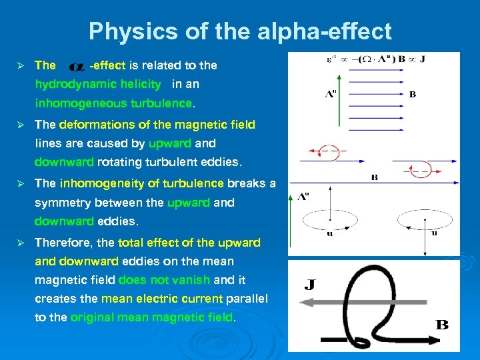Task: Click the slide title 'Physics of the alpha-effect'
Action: click(x=240, y=31)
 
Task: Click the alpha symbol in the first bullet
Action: click(x=77, y=66)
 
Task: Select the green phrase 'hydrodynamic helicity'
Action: click(x=98, y=84)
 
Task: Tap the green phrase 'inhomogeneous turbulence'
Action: click(x=113, y=103)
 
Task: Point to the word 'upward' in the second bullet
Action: click(x=170, y=143)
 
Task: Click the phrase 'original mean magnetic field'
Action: click(x=152, y=317)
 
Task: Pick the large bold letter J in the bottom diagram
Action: click(x=309, y=285)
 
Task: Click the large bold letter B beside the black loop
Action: click(x=441, y=325)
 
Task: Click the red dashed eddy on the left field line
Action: click(x=326, y=152)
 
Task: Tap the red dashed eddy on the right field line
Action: click(x=419, y=171)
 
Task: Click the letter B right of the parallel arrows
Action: click(x=413, y=95)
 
